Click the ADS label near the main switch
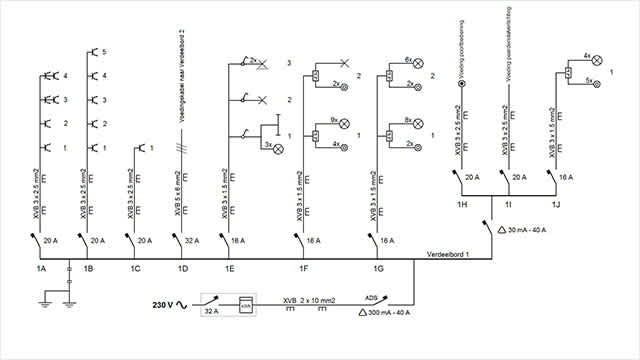point(371,297)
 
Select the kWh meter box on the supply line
point(246,304)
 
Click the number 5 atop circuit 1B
point(104,51)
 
